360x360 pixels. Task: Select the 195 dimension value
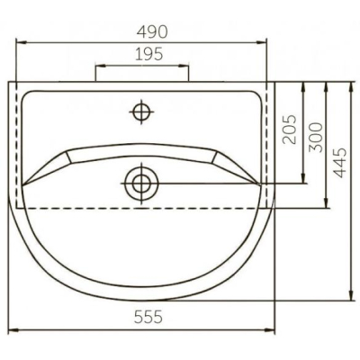pyautogui.click(x=149, y=54)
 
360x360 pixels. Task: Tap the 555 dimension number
pyautogui.click(x=148, y=317)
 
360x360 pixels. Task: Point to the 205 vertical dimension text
pyautogui.click(x=290, y=129)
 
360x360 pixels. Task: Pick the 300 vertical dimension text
pyautogui.click(x=316, y=137)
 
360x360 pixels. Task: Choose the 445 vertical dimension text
pyautogui.click(x=340, y=163)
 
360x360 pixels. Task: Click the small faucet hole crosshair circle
pyautogui.click(x=141, y=112)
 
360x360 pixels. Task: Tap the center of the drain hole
pyautogui.click(x=141, y=184)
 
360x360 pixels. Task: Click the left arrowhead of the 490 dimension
pyautogui.click(x=21, y=43)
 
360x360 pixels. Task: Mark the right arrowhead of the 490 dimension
pyautogui.click(x=262, y=43)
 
